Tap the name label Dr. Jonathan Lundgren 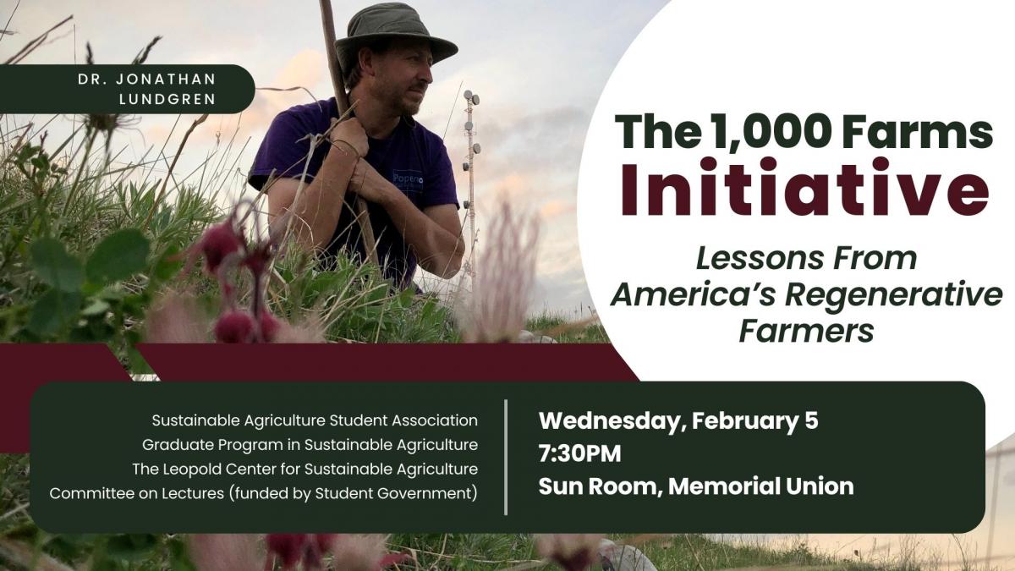pyautogui.click(x=147, y=89)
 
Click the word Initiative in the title pyautogui.click(x=804, y=187)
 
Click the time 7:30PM pyautogui.click(x=579, y=453)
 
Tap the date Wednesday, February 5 pyautogui.click(x=678, y=421)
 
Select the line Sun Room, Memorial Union pyautogui.click(x=696, y=486)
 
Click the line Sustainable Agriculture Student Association pyautogui.click(x=315, y=420)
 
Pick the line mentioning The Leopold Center pyautogui.click(x=305, y=469)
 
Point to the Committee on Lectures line pyautogui.click(x=263, y=493)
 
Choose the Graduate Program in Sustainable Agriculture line pyautogui.click(x=310, y=445)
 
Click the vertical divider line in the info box pyautogui.click(x=506, y=458)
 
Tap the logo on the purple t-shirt pyautogui.click(x=408, y=181)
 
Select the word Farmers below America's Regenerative pyautogui.click(x=806, y=332)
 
